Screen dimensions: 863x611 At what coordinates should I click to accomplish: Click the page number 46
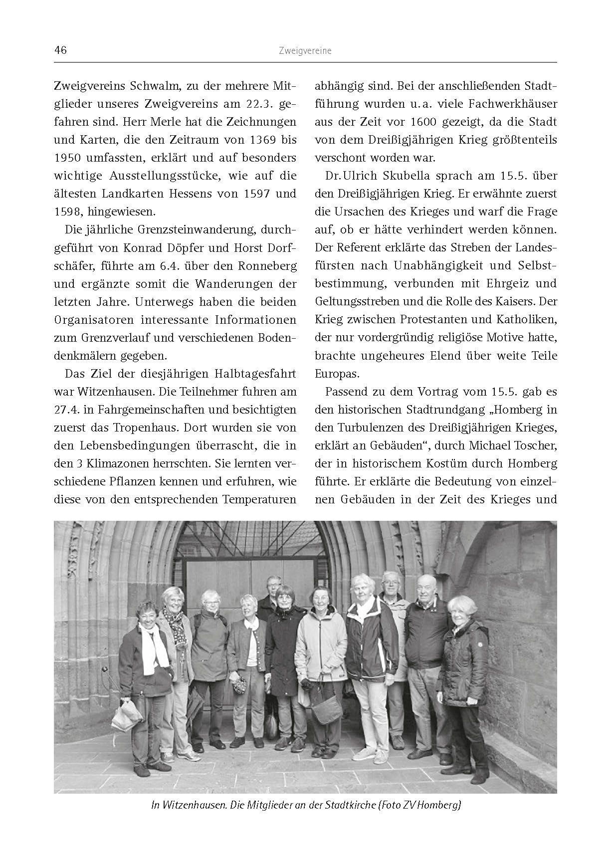click(x=60, y=50)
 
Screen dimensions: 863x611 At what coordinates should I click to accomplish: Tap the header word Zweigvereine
click(x=305, y=51)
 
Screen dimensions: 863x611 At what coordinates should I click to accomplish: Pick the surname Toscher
click(x=534, y=445)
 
